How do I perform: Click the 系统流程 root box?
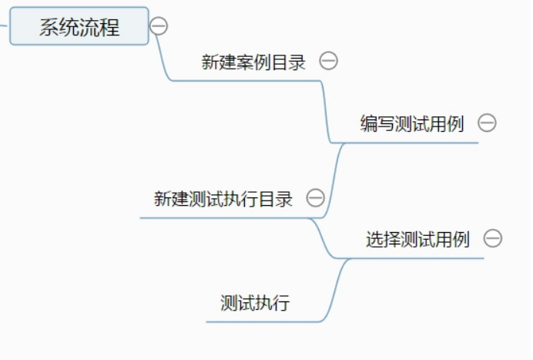pos(79,26)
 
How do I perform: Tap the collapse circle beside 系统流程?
pos(159,26)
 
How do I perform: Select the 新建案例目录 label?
pos(253,62)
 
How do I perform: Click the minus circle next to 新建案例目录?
pos(328,61)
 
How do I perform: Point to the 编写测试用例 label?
pos(412,123)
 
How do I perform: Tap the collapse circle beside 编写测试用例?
pos(487,123)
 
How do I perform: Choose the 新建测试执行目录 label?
pos(223,199)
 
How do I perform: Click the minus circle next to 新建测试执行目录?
pos(315,198)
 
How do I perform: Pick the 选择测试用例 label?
pos(417,240)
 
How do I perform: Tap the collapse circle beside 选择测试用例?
pos(492,238)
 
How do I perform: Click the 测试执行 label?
pos(255,303)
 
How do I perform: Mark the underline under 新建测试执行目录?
pos(223,218)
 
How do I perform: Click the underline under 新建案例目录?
pos(246,81)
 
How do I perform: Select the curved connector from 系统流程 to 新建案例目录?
pos(163,58)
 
